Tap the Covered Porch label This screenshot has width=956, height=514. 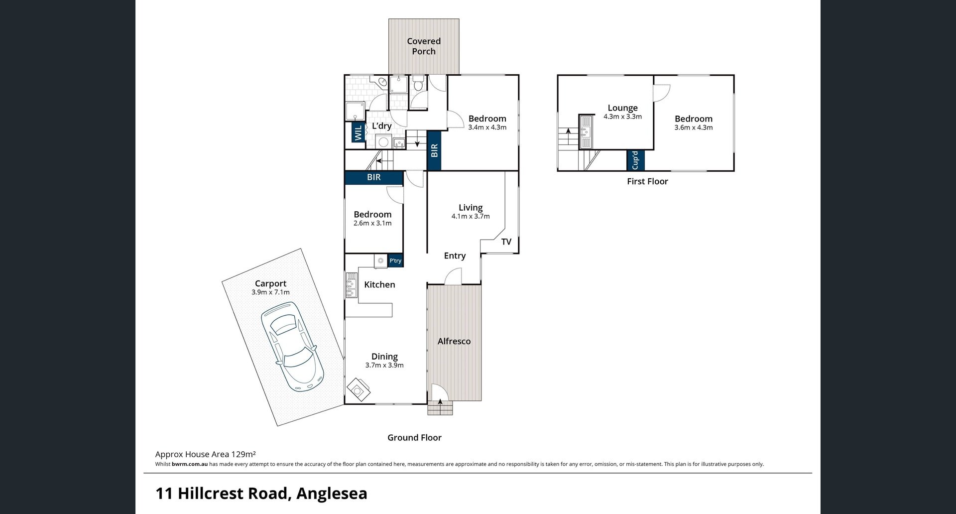point(424,46)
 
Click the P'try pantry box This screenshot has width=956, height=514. point(395,260)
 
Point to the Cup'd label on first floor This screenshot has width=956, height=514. point(635,160)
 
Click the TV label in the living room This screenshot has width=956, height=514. point(506,242)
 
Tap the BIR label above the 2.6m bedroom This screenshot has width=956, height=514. point(374,177)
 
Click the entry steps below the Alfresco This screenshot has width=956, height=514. point(440,408)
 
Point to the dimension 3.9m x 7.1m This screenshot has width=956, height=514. point(270,292)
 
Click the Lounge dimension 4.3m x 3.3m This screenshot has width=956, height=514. point(622,117)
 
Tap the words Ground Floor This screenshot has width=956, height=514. point(415,438)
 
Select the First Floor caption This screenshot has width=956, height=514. point(647,181)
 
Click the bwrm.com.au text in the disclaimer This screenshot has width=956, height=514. point(190,464)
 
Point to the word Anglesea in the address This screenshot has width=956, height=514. point(332,494)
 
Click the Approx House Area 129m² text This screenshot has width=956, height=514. point(206,454)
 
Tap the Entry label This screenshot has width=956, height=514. point(455,256)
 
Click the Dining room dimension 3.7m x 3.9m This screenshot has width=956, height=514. point(384,365)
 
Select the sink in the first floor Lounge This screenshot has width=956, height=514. point(585,132)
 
